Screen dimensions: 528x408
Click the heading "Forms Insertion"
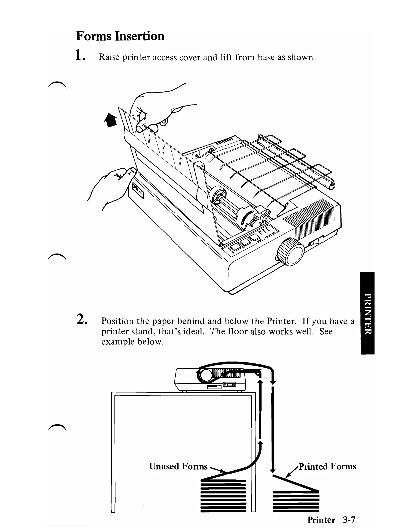coord(120,36)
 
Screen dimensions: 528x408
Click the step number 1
coord(79,54)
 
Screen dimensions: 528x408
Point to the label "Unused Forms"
coord(178,466)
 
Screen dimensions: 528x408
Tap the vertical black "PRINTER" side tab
coord(367,313)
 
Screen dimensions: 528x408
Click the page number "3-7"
coord(349,519)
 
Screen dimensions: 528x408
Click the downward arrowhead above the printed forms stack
coord(273,470)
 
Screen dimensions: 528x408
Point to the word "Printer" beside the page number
coord(321,519)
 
